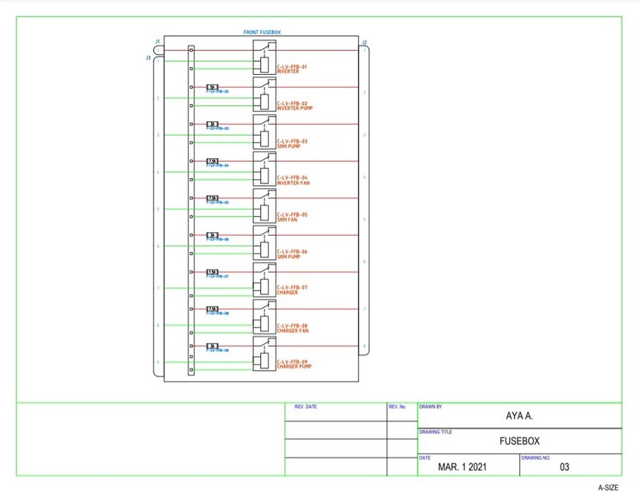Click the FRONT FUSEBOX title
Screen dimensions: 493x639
coord(262,32)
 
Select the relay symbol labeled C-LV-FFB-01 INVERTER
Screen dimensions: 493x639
coord(264,58)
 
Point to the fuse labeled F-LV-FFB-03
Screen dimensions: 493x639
coord(213,124)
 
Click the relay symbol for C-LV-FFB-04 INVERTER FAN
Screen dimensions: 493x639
coord(264,169)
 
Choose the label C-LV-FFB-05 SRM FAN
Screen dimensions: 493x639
coord(292,217)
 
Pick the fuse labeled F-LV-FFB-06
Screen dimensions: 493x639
coord(213,235)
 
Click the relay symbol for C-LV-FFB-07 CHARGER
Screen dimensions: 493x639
coord(264,280)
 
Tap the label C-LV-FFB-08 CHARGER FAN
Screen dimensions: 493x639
coord(292,328)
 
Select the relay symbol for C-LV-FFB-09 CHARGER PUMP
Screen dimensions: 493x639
coord(264,354)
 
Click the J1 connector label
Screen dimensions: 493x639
coord(157,40)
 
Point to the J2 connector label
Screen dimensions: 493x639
coord(364,42)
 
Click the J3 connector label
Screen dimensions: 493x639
coord(148,57)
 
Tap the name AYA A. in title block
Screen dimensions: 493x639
coord(519,416)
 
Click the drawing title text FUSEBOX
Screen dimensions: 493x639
coord(519,441)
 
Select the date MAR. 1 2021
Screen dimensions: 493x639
coord(463,467)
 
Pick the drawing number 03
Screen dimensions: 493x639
coord(565,467)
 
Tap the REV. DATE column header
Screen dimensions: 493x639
coord(306,406)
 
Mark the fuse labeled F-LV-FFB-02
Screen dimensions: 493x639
coord(213,87)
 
